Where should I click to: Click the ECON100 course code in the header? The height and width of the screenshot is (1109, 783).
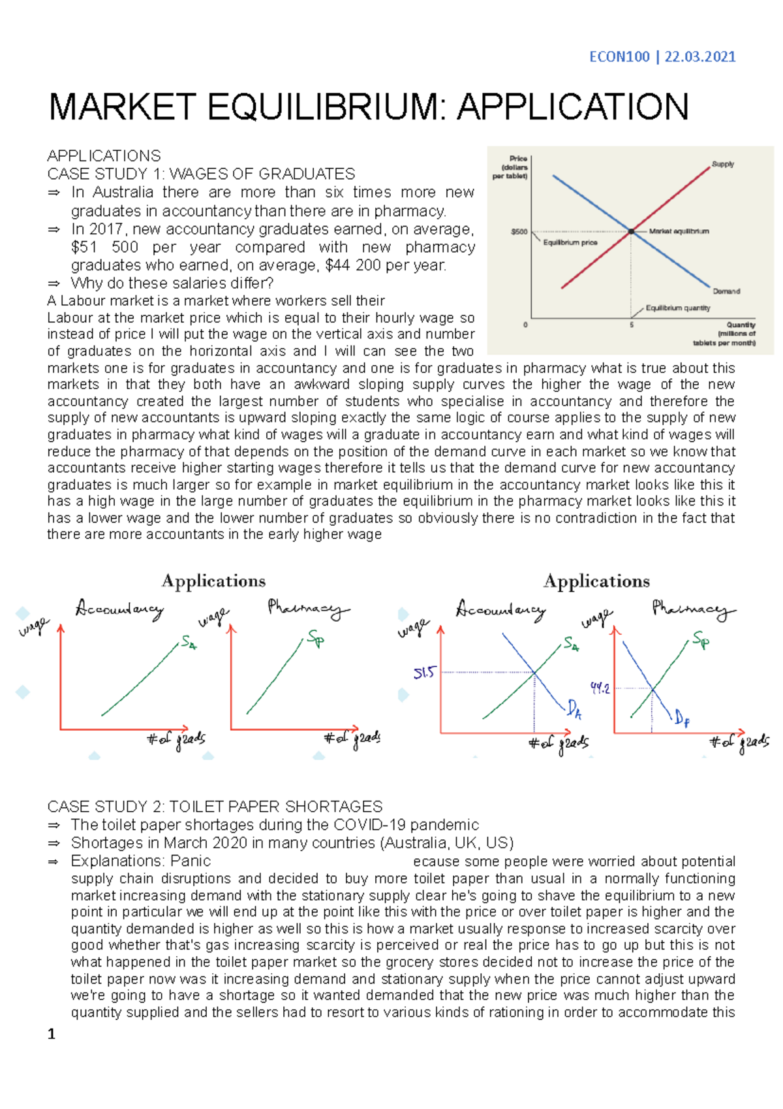[x=619, y=57]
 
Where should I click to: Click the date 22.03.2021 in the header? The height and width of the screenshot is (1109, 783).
[x=700, y=57]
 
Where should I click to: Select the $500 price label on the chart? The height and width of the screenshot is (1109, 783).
[x=519, y=232]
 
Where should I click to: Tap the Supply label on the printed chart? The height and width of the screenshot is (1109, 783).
[x=722, y=164]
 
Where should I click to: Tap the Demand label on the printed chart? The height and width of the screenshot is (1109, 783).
[x=726, y=291]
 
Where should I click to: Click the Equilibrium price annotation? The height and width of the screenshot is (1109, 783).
[x=570, y=242]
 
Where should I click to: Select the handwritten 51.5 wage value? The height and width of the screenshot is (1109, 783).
[x=424, y=673]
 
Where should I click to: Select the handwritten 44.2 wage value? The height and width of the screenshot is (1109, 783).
[x=600, y=688]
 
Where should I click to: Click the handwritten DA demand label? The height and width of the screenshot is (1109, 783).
[x=574, y=709]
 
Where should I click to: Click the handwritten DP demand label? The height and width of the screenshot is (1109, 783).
[x=682, y=719]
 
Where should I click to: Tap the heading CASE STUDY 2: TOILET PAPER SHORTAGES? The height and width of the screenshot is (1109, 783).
[x=215, y=807]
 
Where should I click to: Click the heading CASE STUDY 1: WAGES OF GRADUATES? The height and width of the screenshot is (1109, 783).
[x=201, y=174]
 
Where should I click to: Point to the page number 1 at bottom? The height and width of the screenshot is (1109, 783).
[x=52, y=1034]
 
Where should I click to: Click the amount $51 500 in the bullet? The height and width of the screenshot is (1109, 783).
[x=104, y=248]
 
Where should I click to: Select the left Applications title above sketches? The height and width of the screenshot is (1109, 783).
[x=213, y=581]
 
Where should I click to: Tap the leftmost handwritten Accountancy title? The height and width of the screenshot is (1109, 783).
[x=119, y=609]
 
